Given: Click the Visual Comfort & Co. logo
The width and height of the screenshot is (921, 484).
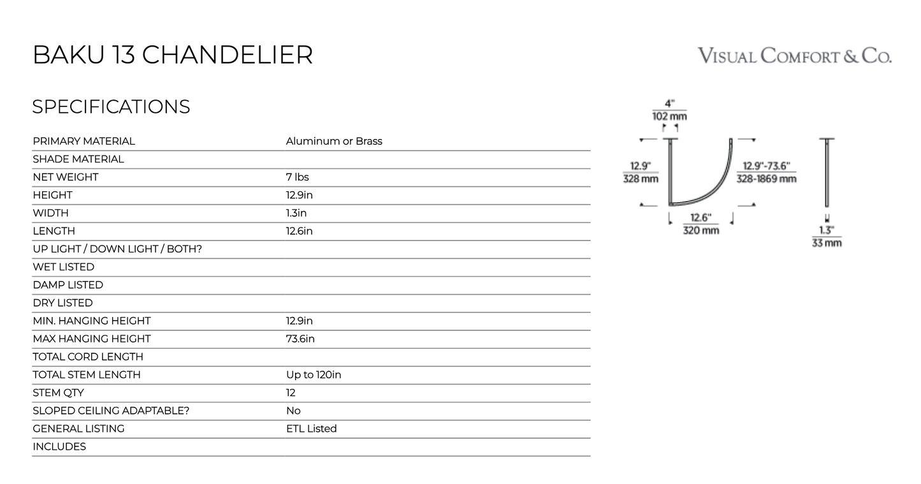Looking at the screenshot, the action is (x=794, y=55).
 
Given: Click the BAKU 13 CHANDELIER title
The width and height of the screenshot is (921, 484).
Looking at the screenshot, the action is (x=173, y=55).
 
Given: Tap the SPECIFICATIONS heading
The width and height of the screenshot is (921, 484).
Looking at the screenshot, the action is (x=111, y=106).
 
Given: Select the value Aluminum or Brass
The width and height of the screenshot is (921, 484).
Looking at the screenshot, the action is (x=334, y=141).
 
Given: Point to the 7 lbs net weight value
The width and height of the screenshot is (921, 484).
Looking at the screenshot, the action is (x=297, y=177).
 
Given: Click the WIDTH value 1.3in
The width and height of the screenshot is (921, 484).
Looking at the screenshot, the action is (x=296, y=213).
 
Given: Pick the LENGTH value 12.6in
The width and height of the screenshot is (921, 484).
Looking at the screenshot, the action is (x=300, y=231).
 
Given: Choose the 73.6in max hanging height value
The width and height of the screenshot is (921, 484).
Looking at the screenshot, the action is (x=300, y=339).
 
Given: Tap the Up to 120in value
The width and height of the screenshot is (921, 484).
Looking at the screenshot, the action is (x=314, y=374).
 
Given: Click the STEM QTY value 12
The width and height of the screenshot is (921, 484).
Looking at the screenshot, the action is (x=291, y=393).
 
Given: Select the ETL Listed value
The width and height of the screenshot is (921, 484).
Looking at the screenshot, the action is (x=311, y=429).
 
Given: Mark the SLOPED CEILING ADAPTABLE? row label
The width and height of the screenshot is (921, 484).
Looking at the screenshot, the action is (x=111, y=411).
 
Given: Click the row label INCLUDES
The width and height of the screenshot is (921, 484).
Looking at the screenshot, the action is (x=59, y=446).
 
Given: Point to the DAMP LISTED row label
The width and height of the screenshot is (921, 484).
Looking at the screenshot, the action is (x=68, y=285).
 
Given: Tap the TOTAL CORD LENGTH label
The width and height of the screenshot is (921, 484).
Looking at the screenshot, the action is (x=88, y=356).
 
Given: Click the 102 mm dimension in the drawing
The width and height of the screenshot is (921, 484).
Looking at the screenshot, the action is (x=669, y=116).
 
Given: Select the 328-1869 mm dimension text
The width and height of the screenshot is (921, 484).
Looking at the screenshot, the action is (x=766, y=179).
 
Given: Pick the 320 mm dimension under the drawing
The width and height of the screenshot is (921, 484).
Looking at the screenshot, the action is (x=701, y=230).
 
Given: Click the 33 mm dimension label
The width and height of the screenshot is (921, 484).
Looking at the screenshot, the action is (x=827, y=243).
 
